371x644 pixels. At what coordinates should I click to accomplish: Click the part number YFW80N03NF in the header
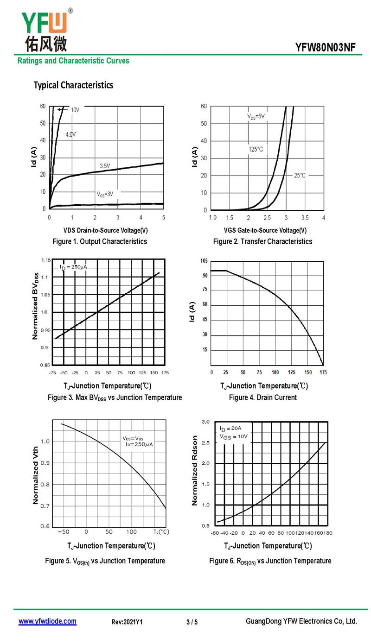[328, 48]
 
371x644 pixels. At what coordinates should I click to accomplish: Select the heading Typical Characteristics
[73, 85]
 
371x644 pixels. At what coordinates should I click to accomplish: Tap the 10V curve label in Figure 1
[75, 110]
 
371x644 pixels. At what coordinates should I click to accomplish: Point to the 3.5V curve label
[105, 165]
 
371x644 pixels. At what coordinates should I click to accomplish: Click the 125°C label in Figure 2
[256, 149]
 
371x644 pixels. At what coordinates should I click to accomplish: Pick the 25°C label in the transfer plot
[300, 176]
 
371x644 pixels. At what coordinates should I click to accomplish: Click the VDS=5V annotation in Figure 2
[256, 116]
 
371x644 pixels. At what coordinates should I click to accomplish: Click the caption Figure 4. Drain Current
[262, 398]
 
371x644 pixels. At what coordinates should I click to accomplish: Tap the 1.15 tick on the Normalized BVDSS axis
[45, 260]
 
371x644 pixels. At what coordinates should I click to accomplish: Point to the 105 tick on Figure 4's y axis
[204, 261]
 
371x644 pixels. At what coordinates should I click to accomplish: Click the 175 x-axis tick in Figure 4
[323, 373]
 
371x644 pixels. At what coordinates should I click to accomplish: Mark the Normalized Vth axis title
[36, 475]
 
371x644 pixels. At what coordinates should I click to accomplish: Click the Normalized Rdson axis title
[195, 470]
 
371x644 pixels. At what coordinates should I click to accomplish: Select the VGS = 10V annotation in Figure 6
[233, 436]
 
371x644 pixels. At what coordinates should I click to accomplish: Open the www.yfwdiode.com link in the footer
[47, 622]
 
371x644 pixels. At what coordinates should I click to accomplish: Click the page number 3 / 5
[192, 622]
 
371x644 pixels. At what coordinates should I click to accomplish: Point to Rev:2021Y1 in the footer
[127, 622]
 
